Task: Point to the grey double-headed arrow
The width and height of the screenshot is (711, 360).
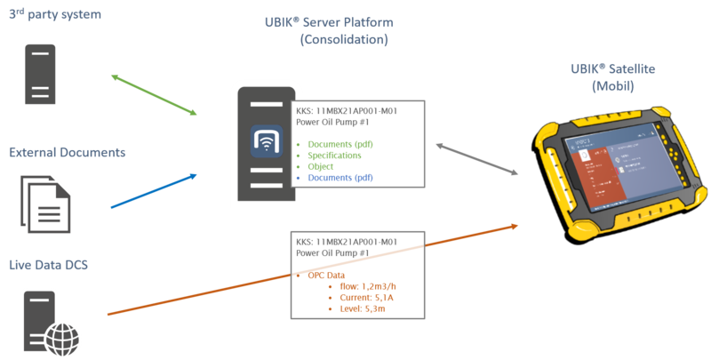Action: [x=476, y=159]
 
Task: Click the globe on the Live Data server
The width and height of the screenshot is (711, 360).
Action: [x=63, y=337]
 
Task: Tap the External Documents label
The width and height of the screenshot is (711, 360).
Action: [x=66, y=153]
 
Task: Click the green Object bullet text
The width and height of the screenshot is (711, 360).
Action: [x=321, y=166]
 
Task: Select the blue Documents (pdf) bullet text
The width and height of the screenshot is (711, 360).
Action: [x=341, y=177]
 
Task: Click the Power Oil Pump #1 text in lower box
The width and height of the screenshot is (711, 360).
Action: [x=332, y=253]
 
